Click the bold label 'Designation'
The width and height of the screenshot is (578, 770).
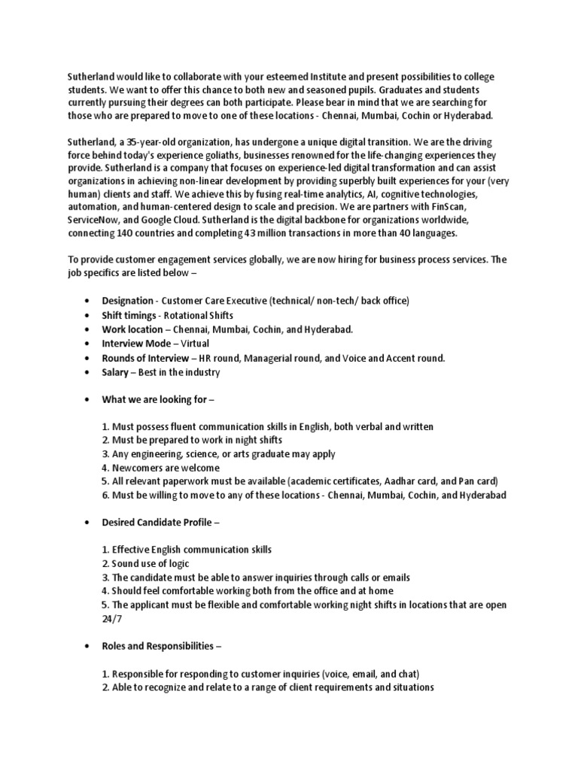[x=127, y=301]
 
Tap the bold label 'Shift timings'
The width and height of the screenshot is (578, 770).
[x=129, y=315]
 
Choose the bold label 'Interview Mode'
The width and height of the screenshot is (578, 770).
[x=135, y=344]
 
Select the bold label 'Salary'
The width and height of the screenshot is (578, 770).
[x=117, y=372]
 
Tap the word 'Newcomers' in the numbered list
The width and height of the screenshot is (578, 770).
[x=138, y=468]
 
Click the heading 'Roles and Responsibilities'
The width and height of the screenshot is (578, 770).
[x=160, y=645]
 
